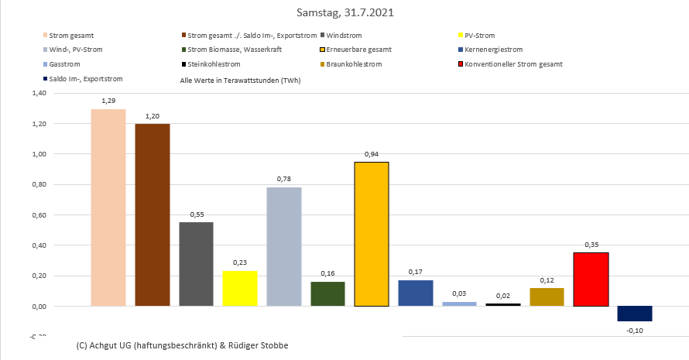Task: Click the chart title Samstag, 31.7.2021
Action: tap(344, 13)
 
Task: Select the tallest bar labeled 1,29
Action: tap(108, 207)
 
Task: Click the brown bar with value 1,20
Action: tap(152, 214)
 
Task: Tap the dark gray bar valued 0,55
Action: tap(196, 264)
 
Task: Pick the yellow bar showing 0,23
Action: tap(240, 288)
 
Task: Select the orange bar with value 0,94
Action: tap(372, 234)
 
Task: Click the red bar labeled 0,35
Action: tap(591, 279)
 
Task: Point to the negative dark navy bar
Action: tap(635, 314)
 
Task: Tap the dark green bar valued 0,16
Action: tap(327, 293)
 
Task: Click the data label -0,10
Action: tap(635, 331)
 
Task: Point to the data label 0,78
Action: tap(283, 179)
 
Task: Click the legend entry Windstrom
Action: tap(346, 36)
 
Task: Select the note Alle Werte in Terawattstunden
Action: tap(240, 80)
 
